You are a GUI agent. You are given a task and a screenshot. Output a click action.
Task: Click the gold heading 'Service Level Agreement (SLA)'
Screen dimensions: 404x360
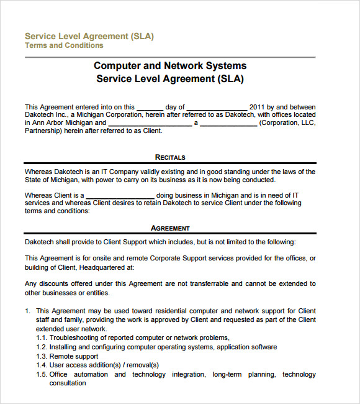tap(89, 36)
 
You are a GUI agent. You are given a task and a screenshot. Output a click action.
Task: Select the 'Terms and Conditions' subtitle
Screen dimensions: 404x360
tap(64, 45)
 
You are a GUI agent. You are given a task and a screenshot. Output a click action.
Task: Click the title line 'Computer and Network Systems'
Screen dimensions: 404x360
tap(169, 65)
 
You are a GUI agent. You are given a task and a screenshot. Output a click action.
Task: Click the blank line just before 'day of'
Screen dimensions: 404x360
tap(150, 108)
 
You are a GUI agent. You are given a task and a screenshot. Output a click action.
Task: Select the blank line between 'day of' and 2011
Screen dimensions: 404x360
tap(216, 108)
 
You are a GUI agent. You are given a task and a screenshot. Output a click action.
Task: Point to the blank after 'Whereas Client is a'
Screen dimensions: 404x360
tap(119, 196)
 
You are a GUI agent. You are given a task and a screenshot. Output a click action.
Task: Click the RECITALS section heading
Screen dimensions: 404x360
tap(170, 157)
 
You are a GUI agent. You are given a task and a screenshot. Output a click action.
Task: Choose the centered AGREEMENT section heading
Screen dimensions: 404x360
tap(170, 228)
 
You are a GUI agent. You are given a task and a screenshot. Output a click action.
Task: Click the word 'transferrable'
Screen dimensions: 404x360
tap(204, 284)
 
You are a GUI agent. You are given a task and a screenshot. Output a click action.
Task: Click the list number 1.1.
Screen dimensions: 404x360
tap(42, 338)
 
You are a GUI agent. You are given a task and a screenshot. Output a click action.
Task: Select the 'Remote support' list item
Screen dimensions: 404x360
tap(74, 356)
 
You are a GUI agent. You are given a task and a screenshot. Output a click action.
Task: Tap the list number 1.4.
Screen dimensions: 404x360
tap(42, 365)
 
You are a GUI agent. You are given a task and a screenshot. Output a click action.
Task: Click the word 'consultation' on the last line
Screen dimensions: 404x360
tap(68, 383)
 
